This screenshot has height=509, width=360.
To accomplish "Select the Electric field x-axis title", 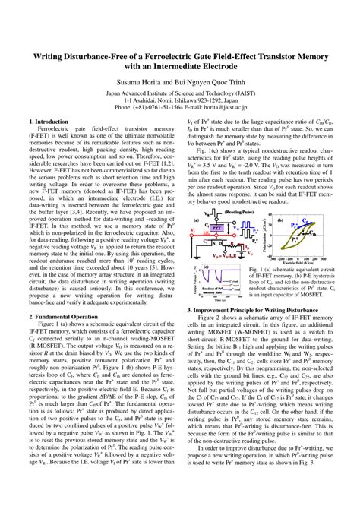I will pyautogui.click(x=298, y=259).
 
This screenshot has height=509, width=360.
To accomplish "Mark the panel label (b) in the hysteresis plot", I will pyautogui.click(x=280, y=221).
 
